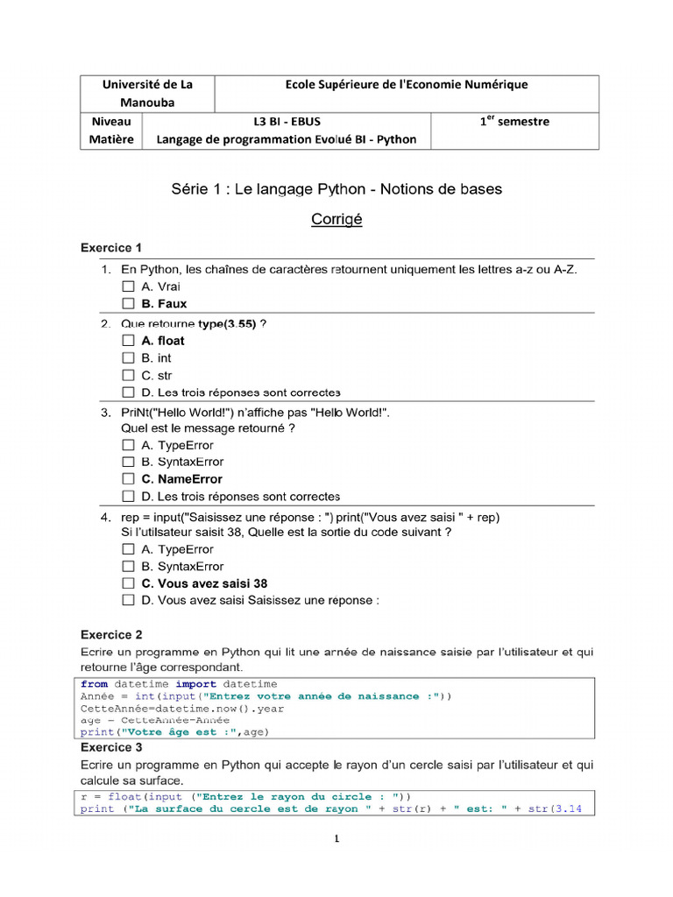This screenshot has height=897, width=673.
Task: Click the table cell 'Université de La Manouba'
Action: click(x=146, y=93)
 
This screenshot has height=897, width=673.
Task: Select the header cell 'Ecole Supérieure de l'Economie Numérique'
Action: click(x=407, y=85)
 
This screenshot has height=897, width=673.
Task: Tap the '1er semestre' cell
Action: click(x=514, y=122)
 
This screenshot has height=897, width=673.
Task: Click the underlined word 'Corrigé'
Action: click(x=336, y=220)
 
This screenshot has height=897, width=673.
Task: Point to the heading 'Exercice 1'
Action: click(x=111, y=248)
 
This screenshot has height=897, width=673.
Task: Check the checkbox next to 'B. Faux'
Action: click(x=128, y=304)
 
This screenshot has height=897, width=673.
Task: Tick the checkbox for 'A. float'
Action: click(x=128, y=341)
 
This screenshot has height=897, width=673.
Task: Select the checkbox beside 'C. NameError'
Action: click(x=128, y=479)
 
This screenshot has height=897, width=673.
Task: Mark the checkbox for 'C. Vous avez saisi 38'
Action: click(x=128, y=583)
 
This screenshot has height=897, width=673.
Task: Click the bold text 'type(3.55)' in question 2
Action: click(x=227, y=323)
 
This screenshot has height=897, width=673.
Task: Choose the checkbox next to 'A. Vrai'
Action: click(x=128, y=286)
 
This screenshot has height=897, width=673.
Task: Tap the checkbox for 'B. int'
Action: click(x=128, y=358)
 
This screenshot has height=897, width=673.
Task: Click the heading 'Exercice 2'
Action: click(x=111, y=634)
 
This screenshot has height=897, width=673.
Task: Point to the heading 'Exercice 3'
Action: click(x=111, y=747)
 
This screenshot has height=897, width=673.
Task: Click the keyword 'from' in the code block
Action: click(x=94, y=684)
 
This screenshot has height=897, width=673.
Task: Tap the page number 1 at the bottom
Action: click(x=336, y=839)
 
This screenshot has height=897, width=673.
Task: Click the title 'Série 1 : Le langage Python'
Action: click(x=336, y=189)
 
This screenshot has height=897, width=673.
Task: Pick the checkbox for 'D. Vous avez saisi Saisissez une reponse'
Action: click(x=128, y=601)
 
